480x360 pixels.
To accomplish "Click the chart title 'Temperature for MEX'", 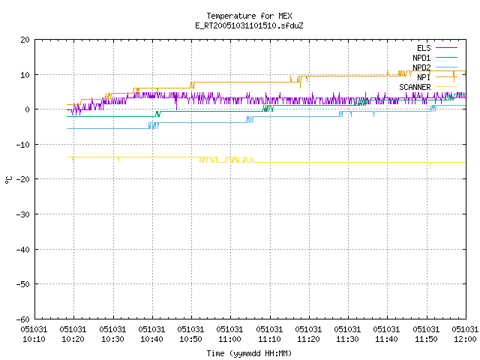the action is pyautogui.click(x=249, y=16).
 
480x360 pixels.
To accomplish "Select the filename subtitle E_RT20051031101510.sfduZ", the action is pyautogui.click(x=249, y=25).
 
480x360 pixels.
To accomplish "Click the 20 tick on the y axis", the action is pyautogui.click(x=25, y=40).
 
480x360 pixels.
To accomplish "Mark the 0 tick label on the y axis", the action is pyautogui.click(x=27, y=109).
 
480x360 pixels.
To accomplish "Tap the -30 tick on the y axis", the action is pyautogui.click(x=23, y=214).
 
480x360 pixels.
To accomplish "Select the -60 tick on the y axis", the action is pyautogui.click(x=23, y=319).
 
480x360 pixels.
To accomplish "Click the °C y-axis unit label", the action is pyautogui.click(x=8, y=180).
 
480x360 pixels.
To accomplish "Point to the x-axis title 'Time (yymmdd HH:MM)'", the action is pyautogui.click(x=249, y=353).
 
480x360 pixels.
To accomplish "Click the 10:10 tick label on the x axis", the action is pyautogui.click(x=34, y=334).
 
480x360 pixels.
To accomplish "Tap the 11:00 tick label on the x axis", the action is pyautogui.click(x=229, y=334).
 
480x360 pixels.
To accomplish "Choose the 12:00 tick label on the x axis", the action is pyautogui.click(x=465, y=334).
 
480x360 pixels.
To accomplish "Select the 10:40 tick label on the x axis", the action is pyautogui.click(x=151, y=334).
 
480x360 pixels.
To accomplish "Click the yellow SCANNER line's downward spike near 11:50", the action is pyautogui.click(x=430, y=165).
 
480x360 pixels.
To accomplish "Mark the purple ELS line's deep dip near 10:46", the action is pyautogui.click(x=176, y=103).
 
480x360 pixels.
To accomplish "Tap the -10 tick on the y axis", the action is pyautogui.click(x=23, y=145).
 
